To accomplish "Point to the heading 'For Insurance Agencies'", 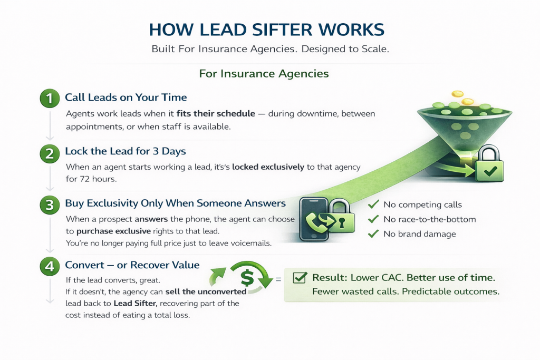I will pos(264,74).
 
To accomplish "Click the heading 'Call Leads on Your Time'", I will pos(126,98).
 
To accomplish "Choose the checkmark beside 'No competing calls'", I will pos(373,205).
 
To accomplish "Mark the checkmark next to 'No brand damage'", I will pos(373,233).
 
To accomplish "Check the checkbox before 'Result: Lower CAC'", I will pos(300,277).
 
